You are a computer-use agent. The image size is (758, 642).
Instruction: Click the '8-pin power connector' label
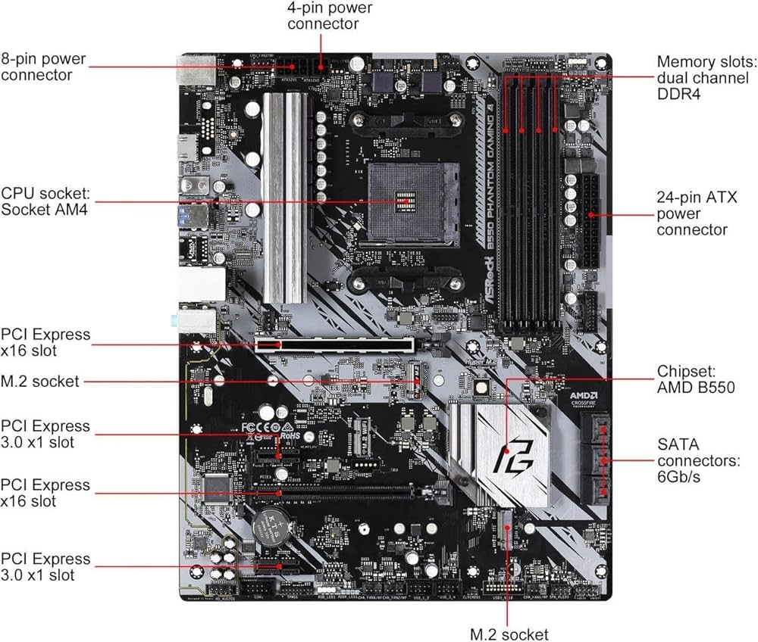[45, 66]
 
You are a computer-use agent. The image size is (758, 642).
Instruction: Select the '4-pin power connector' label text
[322, 15]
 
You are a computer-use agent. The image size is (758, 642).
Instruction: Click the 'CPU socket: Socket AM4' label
[45, 201]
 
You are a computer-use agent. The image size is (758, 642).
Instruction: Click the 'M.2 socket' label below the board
[509, 634]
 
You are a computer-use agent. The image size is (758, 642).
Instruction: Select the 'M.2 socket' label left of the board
[40, 382]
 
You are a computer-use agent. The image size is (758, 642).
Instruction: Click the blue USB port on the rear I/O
[188, 220]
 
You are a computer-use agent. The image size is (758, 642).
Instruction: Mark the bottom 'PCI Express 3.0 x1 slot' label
[45, 567]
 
